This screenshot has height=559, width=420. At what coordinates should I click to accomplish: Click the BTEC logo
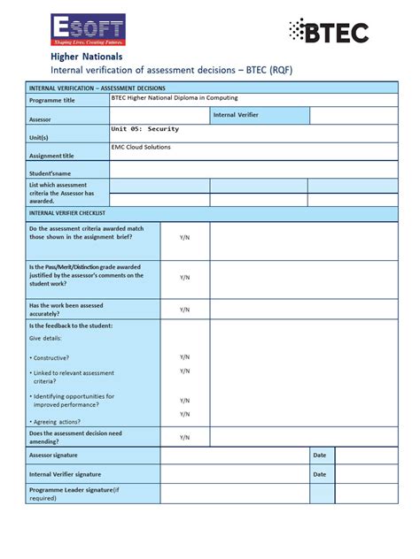(x=328, y=32)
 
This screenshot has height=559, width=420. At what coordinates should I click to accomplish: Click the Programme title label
(x=52, y=101)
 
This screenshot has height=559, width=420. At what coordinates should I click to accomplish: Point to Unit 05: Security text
(x=145, y=129)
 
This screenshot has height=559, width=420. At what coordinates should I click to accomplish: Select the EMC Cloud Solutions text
(x=141, y=148)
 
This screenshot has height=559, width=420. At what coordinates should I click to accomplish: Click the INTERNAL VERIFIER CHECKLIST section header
(x=67, y=213)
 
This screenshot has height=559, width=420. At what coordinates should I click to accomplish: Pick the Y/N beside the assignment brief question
(x=184, y=238)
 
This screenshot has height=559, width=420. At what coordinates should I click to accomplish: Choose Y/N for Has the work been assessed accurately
(x=184, y=310)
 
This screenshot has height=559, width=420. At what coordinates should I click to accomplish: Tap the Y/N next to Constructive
(x=184, y=357)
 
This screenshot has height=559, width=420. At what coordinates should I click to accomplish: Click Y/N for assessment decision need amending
(x=184, y=438)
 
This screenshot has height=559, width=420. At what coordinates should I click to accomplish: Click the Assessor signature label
(x=53, y=456)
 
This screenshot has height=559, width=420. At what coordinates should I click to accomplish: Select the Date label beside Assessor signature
(x=321, y=455)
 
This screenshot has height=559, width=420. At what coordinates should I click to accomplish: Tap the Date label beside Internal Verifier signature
(x=321, y=474)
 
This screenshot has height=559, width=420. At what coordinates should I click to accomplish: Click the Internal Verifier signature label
(x=65, y=475)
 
